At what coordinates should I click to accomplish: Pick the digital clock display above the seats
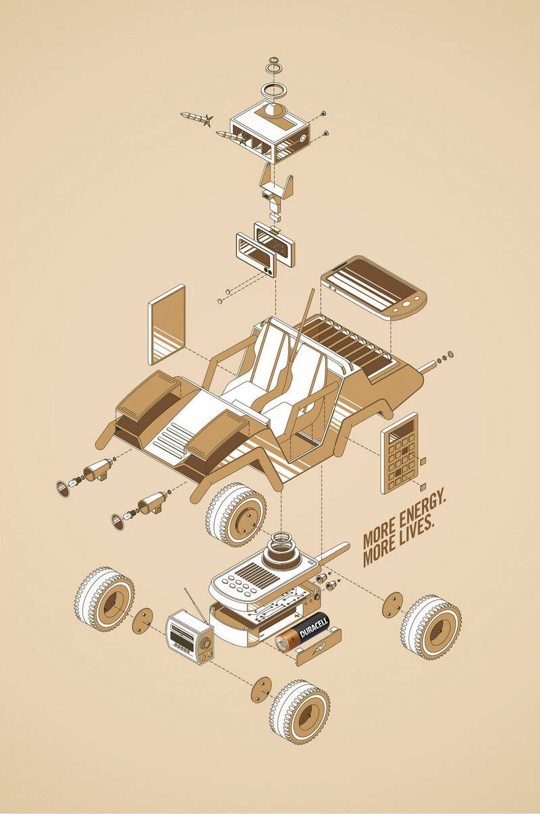(x=274, y=244)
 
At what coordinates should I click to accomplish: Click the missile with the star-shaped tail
(x=196, y=118)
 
